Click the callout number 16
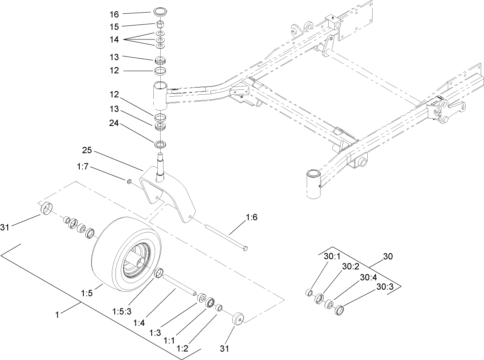(x=114, y=14)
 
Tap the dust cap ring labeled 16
(x=161, y=11)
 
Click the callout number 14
(x=114, y=40)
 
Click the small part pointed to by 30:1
(x=309, y=293)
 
